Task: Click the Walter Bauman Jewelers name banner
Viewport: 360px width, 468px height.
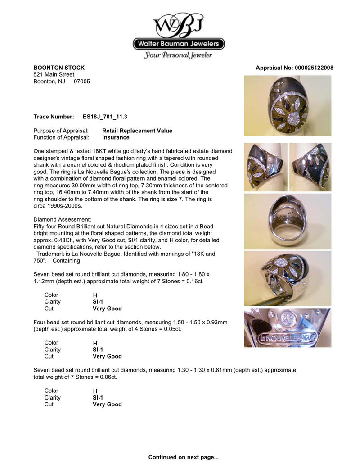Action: click(x=179, y=44)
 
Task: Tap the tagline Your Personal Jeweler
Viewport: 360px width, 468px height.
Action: click(x=178, y=55)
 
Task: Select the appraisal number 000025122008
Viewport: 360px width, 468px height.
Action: click(x=314, y=68)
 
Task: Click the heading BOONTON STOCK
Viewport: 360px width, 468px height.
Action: click(x=59, y=68)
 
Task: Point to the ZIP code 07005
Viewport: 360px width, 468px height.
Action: click(x=82, y=82)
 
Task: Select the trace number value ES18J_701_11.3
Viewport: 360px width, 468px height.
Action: click(x=105, y=117)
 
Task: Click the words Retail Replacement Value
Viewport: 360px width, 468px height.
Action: click(x=137, y=131)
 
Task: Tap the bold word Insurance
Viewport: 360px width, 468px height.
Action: click(x=116, y=137)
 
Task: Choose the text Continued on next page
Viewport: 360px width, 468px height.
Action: click(x=184, y=457)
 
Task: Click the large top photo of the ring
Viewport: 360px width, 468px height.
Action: click(x=288, y=106)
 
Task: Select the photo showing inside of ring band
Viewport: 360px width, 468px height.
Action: click(x=288, y=221)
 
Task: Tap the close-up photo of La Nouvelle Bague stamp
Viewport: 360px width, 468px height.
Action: click(x=288, y=328)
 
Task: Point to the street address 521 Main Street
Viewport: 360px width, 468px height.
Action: click(x=54, y=74)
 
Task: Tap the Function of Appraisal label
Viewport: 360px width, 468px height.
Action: click(x=61, y=137)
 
